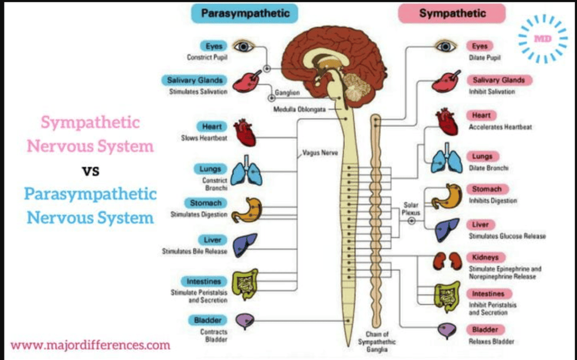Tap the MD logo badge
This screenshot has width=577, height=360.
[x=543, y=38]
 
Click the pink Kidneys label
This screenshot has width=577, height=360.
[x=485, y=257]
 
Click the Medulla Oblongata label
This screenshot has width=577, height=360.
[x=299, y=109]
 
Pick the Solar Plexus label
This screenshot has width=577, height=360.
[x=411, y=209]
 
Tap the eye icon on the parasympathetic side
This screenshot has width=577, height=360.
[x=244, y=47]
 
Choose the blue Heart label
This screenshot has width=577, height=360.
[x=212, y=127]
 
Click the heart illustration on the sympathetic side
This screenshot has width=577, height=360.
[x=447, y=122]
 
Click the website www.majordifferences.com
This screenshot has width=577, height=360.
[x=90, y=344]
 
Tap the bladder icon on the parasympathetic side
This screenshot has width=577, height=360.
[x=245, y=321]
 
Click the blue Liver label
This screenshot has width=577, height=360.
[x=212, y=240]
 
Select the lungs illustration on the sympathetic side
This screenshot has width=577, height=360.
[x=447, y=161]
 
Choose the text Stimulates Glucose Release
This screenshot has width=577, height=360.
[x=507, y=236]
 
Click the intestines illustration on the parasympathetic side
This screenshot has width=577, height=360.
[x=246, y=284]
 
